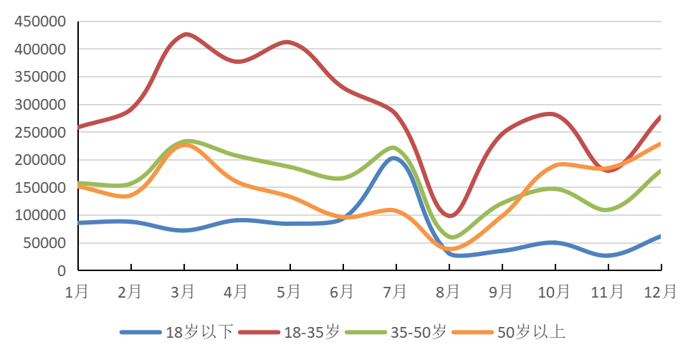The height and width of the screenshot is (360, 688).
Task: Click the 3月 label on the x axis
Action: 183,292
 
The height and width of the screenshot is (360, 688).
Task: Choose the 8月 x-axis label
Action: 449,292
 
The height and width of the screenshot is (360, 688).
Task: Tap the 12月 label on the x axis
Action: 660,292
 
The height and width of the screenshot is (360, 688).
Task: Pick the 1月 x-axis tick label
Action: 77,292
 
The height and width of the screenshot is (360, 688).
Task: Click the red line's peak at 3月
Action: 186,34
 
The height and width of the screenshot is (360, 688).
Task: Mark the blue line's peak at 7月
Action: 394,158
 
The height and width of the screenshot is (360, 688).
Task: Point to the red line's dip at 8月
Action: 450,215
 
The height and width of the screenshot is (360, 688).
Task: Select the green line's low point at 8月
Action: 451,237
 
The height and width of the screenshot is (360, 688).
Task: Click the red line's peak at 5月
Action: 289,42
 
